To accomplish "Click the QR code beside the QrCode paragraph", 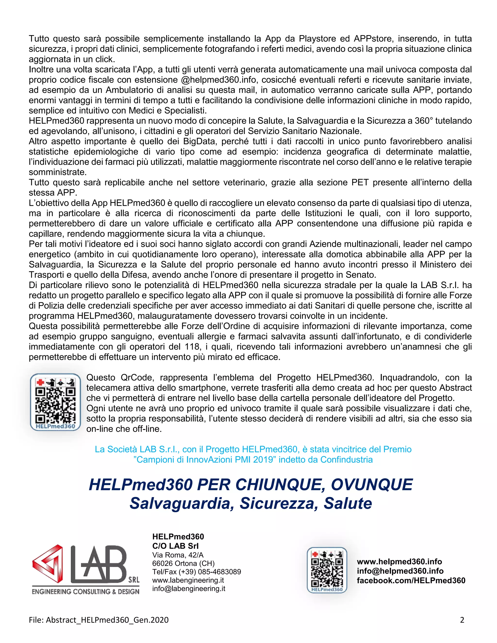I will tap(55, 402).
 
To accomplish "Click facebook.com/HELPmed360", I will tap(411, 581).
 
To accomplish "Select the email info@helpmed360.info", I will tap(400, 571).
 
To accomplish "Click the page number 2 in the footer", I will tap(462, 620).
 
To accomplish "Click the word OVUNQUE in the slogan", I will tap(372, 485).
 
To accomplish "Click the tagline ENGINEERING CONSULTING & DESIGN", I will tap(85, 592).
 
